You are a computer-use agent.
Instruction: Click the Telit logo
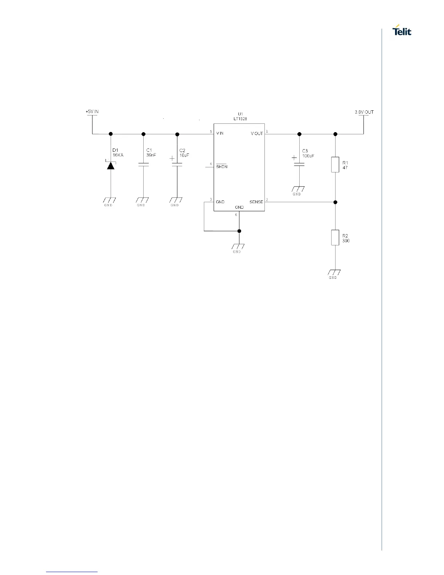[x=402, y=31]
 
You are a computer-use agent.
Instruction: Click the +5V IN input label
[x=92, y=112]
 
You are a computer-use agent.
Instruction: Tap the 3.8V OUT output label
[x=364, y=112]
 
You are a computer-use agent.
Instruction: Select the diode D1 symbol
[x=111, y=166]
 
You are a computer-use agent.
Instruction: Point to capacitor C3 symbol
[x=299, y=164]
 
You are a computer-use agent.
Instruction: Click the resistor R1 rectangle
[x=335, y=164]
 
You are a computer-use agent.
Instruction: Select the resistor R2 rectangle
[x=335, y=237]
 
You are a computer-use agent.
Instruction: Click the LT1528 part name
[x=240, y=119]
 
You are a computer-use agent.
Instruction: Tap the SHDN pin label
[x=221, y=167]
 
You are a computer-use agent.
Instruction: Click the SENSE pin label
[x=256, y=202]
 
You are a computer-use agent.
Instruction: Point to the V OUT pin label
[x=257, y=134]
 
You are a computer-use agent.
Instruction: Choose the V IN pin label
[x=220, y=134]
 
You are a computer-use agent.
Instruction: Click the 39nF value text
[x=151, y=155]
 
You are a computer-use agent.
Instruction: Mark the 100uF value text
[x=308, y=156]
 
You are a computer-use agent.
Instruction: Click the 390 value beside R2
[x=346, y=241]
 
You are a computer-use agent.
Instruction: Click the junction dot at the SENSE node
[x=335, y=202]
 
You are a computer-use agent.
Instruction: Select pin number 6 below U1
[x=236, y=215]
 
